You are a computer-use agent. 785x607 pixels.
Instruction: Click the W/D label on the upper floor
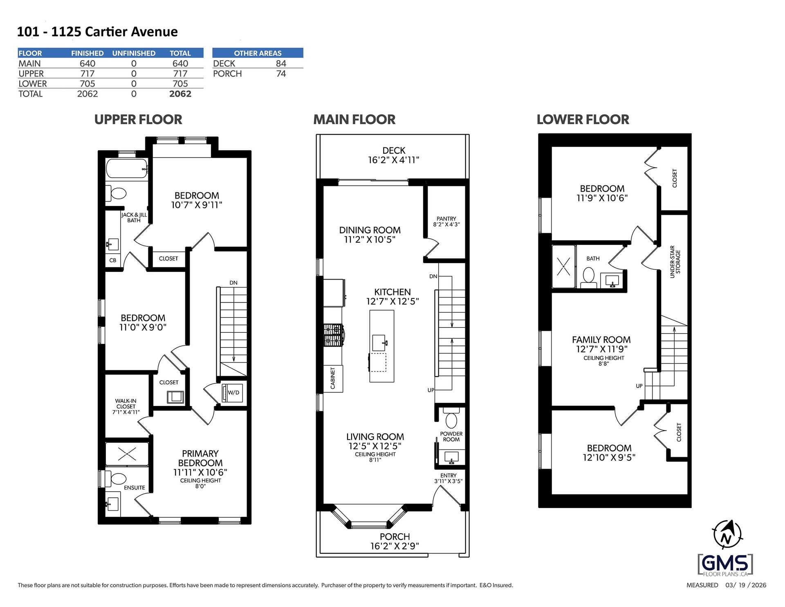233,393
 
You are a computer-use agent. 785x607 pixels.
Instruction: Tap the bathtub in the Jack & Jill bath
127,168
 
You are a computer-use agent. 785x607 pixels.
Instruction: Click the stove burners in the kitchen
334,335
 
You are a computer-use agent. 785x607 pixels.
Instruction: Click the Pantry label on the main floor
446,221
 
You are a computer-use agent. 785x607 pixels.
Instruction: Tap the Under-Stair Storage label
675,262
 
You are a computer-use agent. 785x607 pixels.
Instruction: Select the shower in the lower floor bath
563,266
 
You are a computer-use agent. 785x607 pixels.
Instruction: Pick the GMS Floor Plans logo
725,565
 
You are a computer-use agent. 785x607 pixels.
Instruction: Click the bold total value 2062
180,94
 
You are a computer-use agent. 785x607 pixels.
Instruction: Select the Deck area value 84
281,63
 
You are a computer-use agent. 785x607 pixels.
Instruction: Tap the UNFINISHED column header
134,53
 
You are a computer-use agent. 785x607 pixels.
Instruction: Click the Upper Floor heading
138,120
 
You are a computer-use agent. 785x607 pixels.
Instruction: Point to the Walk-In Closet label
126,406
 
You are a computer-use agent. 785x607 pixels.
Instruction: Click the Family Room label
601,340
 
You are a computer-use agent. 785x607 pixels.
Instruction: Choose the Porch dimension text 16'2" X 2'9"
395,546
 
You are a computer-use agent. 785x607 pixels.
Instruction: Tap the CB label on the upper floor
113,260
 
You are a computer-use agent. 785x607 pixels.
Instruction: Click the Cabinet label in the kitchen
333,378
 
